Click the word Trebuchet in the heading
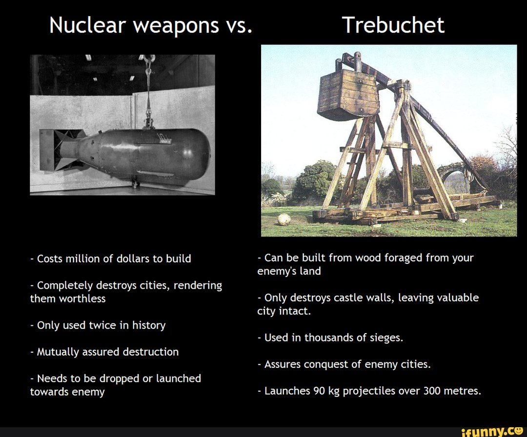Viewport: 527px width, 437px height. click(x=393, y=25)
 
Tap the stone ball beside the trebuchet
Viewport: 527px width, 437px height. click(x=284, y=219)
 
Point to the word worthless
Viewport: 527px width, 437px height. click(x=82, y=298)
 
